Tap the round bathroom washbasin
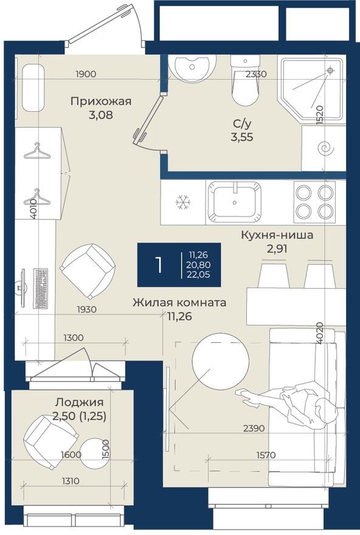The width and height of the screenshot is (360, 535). [x=192, y=66]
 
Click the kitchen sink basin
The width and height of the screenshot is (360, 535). [x=235, y=202]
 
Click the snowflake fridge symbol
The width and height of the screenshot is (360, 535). [x=182, y=202]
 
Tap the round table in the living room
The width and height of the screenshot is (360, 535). [x=220, y=361]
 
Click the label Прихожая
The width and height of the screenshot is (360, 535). [x=101, y=102]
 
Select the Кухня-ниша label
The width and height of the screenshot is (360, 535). [x=277, y=235]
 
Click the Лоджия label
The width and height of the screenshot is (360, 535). [x=79, y=402]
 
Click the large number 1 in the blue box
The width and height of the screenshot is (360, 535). [x=158, y=265]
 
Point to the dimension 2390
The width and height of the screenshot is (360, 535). [x=254, y=428]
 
